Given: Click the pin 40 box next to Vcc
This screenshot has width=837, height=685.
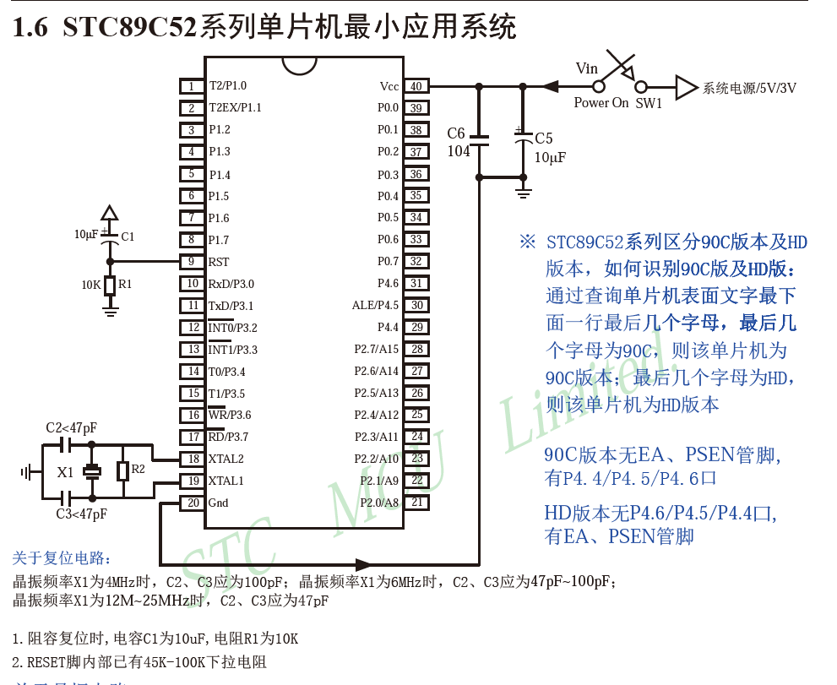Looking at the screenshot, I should pyautogui.click(x=416, y=86).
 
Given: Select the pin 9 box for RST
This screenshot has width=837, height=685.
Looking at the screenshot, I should pyautogui.click(x=192, y=262).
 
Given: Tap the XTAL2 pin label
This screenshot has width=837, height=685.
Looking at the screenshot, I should pyautogui.click(x=226, y=459).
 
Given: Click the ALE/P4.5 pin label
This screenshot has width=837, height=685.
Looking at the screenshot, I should pyautogui.click(x=375, y=306).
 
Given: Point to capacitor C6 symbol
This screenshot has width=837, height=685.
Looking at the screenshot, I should pyautogui.click(x=479, y=141).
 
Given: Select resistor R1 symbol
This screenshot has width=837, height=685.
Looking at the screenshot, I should pyautogui.click(x=109, y=285).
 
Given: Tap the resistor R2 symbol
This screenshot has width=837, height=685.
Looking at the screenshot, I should pyautogui.click(x=122, y=470).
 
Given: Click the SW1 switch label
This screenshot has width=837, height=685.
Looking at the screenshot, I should pyautogui.click(x=649, y=103).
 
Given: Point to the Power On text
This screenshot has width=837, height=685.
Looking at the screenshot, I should pyautogui.click(x=601, y=103).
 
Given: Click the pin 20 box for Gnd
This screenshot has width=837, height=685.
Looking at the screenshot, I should pyautogui.click(x=192, y=503).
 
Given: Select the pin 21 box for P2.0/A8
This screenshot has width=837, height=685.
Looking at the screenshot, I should pyautogui.click(x=416, y=503).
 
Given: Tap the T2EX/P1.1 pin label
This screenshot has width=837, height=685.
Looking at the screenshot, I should pyautogui.click(x=235, y=108).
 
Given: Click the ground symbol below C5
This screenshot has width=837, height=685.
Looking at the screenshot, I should pyautogui.click(x=523, y=193).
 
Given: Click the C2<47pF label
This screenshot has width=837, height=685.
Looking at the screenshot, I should pyautogui.click(x=71, y=428).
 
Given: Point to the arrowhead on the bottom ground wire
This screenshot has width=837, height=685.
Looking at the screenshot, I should pyautogui.click(x=364, y=564).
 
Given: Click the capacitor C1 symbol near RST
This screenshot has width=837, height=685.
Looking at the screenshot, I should pyautogui.click(x=109, y=239).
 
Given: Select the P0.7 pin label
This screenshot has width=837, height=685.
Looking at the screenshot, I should pyautogui.click(x=388, y=262).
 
